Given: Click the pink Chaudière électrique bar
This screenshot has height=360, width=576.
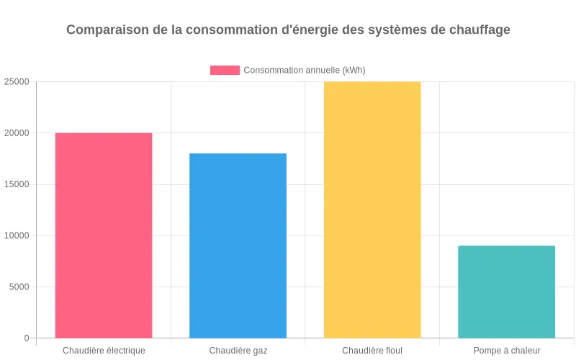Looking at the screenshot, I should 104,235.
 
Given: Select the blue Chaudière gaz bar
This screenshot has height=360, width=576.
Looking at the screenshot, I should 238,246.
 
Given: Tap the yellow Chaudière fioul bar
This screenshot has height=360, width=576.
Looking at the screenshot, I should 372,210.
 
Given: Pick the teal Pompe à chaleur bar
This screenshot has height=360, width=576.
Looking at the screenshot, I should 506,292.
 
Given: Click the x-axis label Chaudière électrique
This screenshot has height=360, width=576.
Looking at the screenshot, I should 104,351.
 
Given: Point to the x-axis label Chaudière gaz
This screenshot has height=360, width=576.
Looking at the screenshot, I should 238,351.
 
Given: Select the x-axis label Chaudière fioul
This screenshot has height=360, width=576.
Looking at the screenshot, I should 372,351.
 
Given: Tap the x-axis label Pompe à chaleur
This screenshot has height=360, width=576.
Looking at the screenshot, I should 507,351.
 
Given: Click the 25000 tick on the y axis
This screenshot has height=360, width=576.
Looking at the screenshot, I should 17,82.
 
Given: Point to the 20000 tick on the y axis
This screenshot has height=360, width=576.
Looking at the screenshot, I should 17,133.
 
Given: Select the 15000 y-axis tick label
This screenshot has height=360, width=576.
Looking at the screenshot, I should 17,184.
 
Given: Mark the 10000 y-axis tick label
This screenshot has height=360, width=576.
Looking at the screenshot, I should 17,235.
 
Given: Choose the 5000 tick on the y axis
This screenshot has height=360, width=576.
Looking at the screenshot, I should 19,287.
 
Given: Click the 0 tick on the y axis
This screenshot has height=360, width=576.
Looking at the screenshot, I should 27,338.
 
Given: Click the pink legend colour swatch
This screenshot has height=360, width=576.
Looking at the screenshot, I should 225,70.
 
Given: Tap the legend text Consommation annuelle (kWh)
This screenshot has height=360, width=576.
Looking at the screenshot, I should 305,70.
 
